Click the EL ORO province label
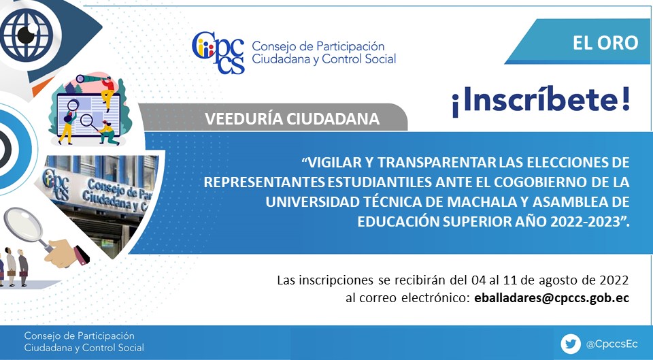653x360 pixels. coord(605,42)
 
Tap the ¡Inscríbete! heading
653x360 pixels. coord(541,101)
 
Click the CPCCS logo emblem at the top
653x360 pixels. coord(218,52)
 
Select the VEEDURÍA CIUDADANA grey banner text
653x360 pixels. coord(292,119)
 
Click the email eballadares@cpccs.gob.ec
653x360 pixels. coord(552,298)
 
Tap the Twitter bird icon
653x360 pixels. coord(571,344)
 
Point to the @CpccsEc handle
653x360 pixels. coord(612,344)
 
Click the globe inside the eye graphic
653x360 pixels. coord(27,35)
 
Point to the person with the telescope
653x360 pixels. coord(107,93)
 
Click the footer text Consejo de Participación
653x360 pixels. coord(79,336)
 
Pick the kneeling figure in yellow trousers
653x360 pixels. coord(107,133)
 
